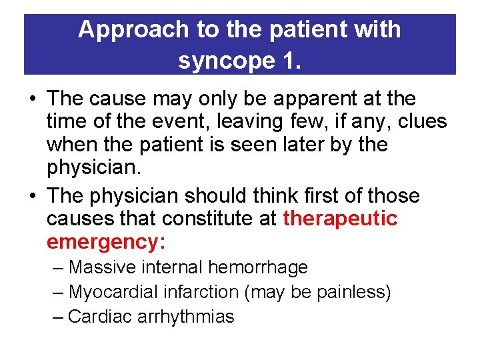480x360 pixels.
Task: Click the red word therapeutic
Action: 340,219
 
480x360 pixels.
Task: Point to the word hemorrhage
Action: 258,268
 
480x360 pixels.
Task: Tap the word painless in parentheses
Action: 353,292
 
